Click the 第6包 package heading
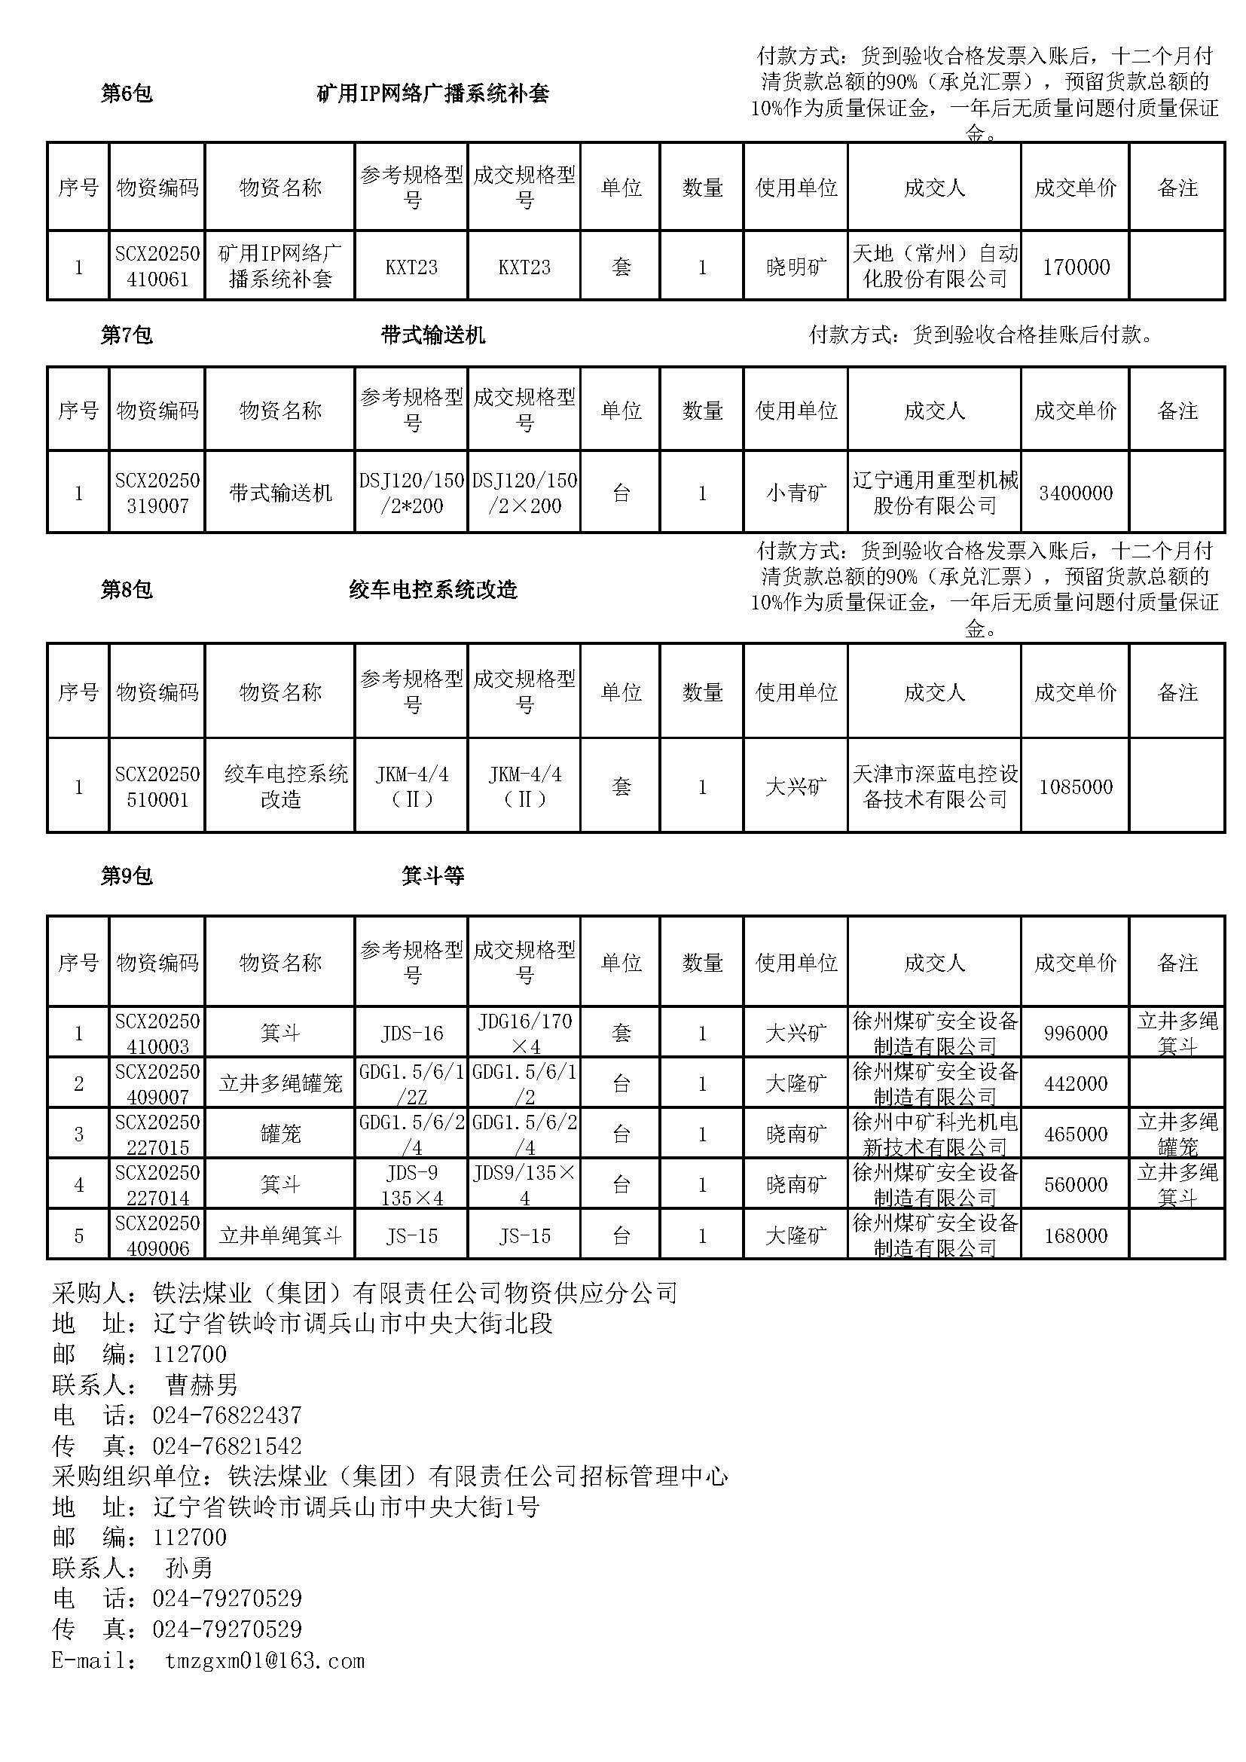coord(127,93)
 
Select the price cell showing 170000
coord(1076,267)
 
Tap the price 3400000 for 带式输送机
coord(1076,493)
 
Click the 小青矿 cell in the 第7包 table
coord(796,493)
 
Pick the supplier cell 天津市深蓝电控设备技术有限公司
coord(934,786)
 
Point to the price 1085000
coord(1076,786)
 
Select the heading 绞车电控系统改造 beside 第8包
coord(432,589)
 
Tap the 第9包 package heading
coord(127,875)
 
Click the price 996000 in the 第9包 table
coord(1076,1033)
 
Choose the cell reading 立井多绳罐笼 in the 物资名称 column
coord(280,1083)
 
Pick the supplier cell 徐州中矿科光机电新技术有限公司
coord(934,1134)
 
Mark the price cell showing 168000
coord(1076,1235)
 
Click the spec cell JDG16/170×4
coord(525,1033)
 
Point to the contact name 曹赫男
coord(201,1385)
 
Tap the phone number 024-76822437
coord(227,1415)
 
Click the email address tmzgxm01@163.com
coord(264,1661)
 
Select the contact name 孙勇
coord(189,1568)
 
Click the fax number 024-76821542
coord(227,1446)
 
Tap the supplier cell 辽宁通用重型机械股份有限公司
coord(934,493)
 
